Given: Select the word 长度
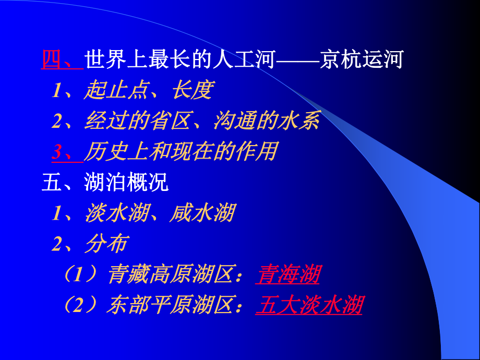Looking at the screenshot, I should (192, 90).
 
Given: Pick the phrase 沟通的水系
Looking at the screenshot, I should (266, 121).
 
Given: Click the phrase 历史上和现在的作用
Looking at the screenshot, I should (180, 152).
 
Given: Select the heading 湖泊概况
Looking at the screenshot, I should (126, 182).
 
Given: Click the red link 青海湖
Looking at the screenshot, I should (288, 275).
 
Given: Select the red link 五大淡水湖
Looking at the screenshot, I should (309, 305).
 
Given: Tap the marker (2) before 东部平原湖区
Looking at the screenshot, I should (81, 305).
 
